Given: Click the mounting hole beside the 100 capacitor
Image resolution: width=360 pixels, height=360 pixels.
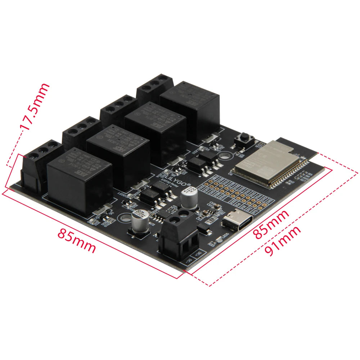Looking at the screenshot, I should (x=126, y=218).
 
